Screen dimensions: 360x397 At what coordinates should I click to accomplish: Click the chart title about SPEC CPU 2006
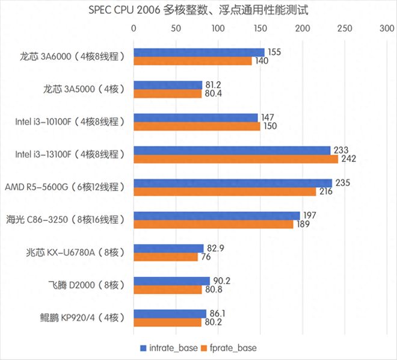(x=198, y=10)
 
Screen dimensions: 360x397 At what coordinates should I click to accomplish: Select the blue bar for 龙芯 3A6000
(x=198, y=52)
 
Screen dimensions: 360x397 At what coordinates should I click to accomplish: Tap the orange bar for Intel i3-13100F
(x=235, y=159)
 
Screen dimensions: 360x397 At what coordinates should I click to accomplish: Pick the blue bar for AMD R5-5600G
(x=232, y=183)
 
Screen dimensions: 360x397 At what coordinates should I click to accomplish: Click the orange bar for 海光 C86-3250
(x=213, y=224)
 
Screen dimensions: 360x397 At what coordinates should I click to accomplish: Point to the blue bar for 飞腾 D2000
(x=171, y=281)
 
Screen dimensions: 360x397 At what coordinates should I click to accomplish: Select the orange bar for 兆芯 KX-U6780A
(x=165, y=257)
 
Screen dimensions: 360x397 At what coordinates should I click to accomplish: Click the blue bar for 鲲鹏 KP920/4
(x=170, y=314)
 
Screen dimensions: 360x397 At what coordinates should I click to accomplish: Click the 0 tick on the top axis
(x=134, y=28)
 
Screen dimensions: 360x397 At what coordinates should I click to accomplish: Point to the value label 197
(x=309, y=216)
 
